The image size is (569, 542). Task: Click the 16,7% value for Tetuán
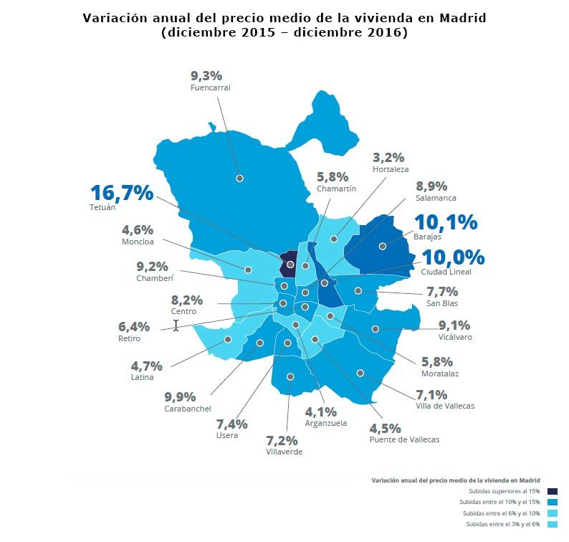(122, 193)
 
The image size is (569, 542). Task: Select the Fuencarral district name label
(210, 87)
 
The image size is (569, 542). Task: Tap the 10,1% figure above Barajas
(446, 222)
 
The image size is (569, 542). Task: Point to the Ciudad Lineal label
(446, 272)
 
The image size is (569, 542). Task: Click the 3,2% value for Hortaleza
(388, 157)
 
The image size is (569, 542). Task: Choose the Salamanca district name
(436, 198)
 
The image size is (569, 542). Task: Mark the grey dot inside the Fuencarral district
(239, 178)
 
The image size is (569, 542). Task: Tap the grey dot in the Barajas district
(383, 246)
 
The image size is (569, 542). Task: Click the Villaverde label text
(284, 452)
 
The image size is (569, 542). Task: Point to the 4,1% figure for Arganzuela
(320, 412)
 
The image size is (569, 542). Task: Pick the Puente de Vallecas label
(404, 439)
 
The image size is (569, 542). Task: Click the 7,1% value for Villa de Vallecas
(431, 394)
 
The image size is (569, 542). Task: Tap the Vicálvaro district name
(455, 336)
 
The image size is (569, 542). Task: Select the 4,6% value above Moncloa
(138, 230)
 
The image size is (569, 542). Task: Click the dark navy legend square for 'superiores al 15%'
(552, 491)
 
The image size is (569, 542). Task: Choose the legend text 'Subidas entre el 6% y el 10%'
(501, 513)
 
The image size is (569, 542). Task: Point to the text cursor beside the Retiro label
(176, 325)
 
